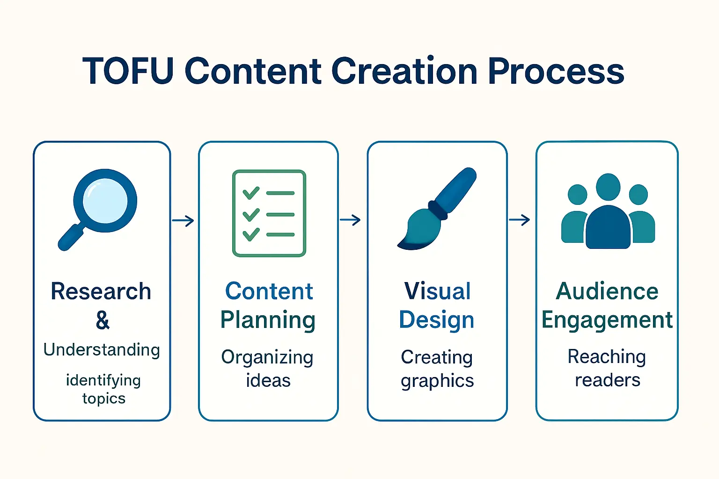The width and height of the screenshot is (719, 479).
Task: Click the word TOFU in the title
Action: pyautogui.click(x=128, y=72)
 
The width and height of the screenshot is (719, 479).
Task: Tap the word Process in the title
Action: pyautogui.click(x=556, y=72)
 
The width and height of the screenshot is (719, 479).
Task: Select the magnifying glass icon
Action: pyautogui.click(x=105, y=201)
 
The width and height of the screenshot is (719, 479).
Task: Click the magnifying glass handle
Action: pyautogui.click(x=71, y=238)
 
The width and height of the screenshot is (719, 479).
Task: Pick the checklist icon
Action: pyautogui.click(x=269, y=213)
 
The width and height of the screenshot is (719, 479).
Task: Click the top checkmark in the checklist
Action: pyautogui.click(x=251, y=193)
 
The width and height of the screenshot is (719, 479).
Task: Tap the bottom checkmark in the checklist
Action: pyautogui.click(x=251, y=234)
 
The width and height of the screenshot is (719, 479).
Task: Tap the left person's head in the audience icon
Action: pyautogui.click(x=577, y=194)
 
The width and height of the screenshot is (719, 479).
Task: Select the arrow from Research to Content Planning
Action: pyautogui.click(x=183, y=220)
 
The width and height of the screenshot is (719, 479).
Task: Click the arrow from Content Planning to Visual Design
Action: pyautogui.click(x=350, y=220)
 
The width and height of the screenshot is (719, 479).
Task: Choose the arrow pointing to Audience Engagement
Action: pyautogui.click(x=519, y=219)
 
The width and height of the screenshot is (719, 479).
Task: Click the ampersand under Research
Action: pyautogui.click(x=103, y=320)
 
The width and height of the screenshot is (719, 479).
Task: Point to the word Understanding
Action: pyautogui.click(x=102, y=349)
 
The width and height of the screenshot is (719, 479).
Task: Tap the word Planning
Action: pyautogui.click(x=268, y=320)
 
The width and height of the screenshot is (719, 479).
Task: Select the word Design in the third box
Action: pyautogui.click(x=436, y=320)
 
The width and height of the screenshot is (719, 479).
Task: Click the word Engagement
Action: pyautogui.click(x=607, y=320)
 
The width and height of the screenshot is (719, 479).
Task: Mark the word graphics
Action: pyautogui.click(x=437, y=381)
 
